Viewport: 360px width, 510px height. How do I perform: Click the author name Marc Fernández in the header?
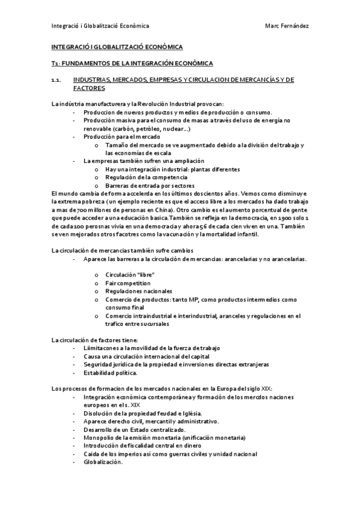click(287, 26)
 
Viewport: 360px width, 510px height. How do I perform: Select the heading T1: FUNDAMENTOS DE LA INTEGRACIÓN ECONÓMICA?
click(132, 63)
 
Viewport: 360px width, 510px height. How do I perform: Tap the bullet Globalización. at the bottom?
click(103, 462)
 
